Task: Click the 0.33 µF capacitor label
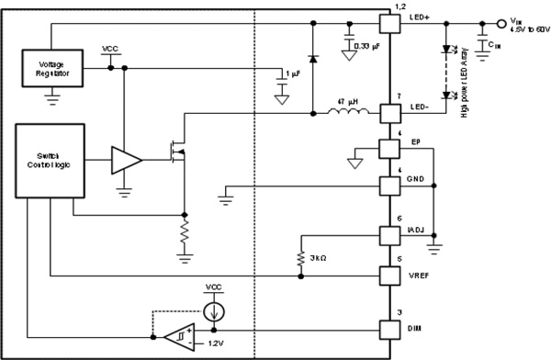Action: pos(367,43)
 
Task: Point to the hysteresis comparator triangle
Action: pos(179,335)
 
